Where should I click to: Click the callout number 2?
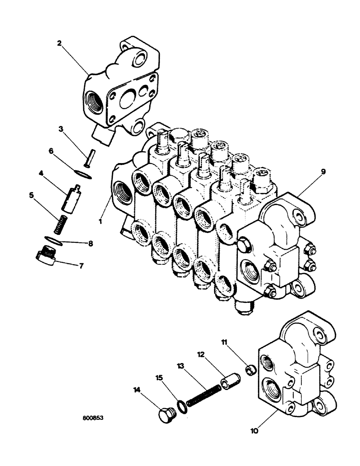59,43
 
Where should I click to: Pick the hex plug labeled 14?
166,414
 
